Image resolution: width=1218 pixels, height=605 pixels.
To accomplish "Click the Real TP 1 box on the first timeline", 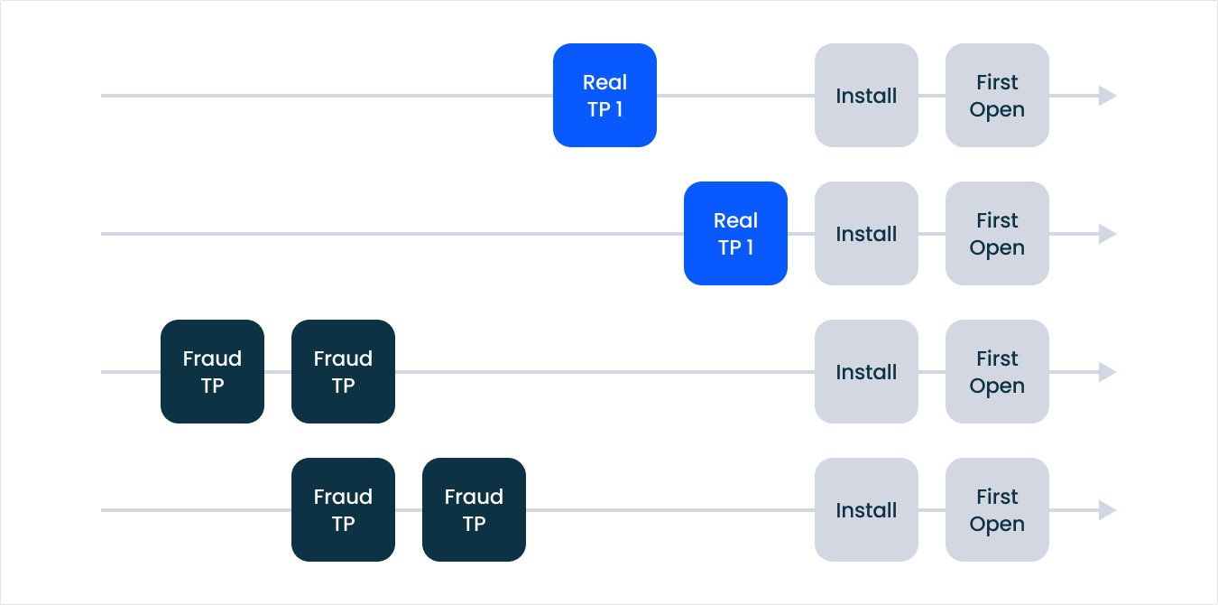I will point(604,96).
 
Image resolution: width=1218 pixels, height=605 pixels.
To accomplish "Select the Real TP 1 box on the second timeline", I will point(735,234).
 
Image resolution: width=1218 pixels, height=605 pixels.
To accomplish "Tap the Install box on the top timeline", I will point(866,96).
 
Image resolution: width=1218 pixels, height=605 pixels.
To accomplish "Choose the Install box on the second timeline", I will point(866,234).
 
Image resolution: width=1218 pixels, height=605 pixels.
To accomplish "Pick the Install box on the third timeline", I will point(866,372).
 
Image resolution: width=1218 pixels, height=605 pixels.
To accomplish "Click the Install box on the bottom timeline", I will point(866,510).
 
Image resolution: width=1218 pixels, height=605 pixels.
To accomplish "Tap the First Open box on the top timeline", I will point(997,96).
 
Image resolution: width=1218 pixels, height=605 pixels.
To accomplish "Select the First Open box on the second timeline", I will point(997,234).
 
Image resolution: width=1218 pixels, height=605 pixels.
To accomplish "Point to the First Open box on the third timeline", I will point(997,372).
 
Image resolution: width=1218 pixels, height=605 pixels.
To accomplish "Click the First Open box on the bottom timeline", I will point(997,510).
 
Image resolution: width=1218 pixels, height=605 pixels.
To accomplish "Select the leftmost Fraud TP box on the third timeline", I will point(212,372).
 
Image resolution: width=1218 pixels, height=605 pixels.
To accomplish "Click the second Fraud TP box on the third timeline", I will point(343,372).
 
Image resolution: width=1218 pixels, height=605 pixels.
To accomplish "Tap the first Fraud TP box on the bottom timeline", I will point(343,510).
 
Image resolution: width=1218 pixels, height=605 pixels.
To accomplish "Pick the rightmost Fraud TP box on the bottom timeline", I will point(474,510).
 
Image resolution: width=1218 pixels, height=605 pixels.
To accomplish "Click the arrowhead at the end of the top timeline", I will point(1107,96).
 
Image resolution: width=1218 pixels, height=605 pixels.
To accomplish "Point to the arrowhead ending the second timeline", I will point(1107,234).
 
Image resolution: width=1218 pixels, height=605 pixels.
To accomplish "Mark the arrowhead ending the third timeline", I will point(1107,372).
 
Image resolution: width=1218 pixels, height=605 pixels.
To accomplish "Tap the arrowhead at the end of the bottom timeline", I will point(1107,510).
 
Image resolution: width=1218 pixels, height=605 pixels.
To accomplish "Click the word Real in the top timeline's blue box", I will point(604,82).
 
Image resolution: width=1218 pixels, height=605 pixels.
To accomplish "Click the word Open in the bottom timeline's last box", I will point(997,525).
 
